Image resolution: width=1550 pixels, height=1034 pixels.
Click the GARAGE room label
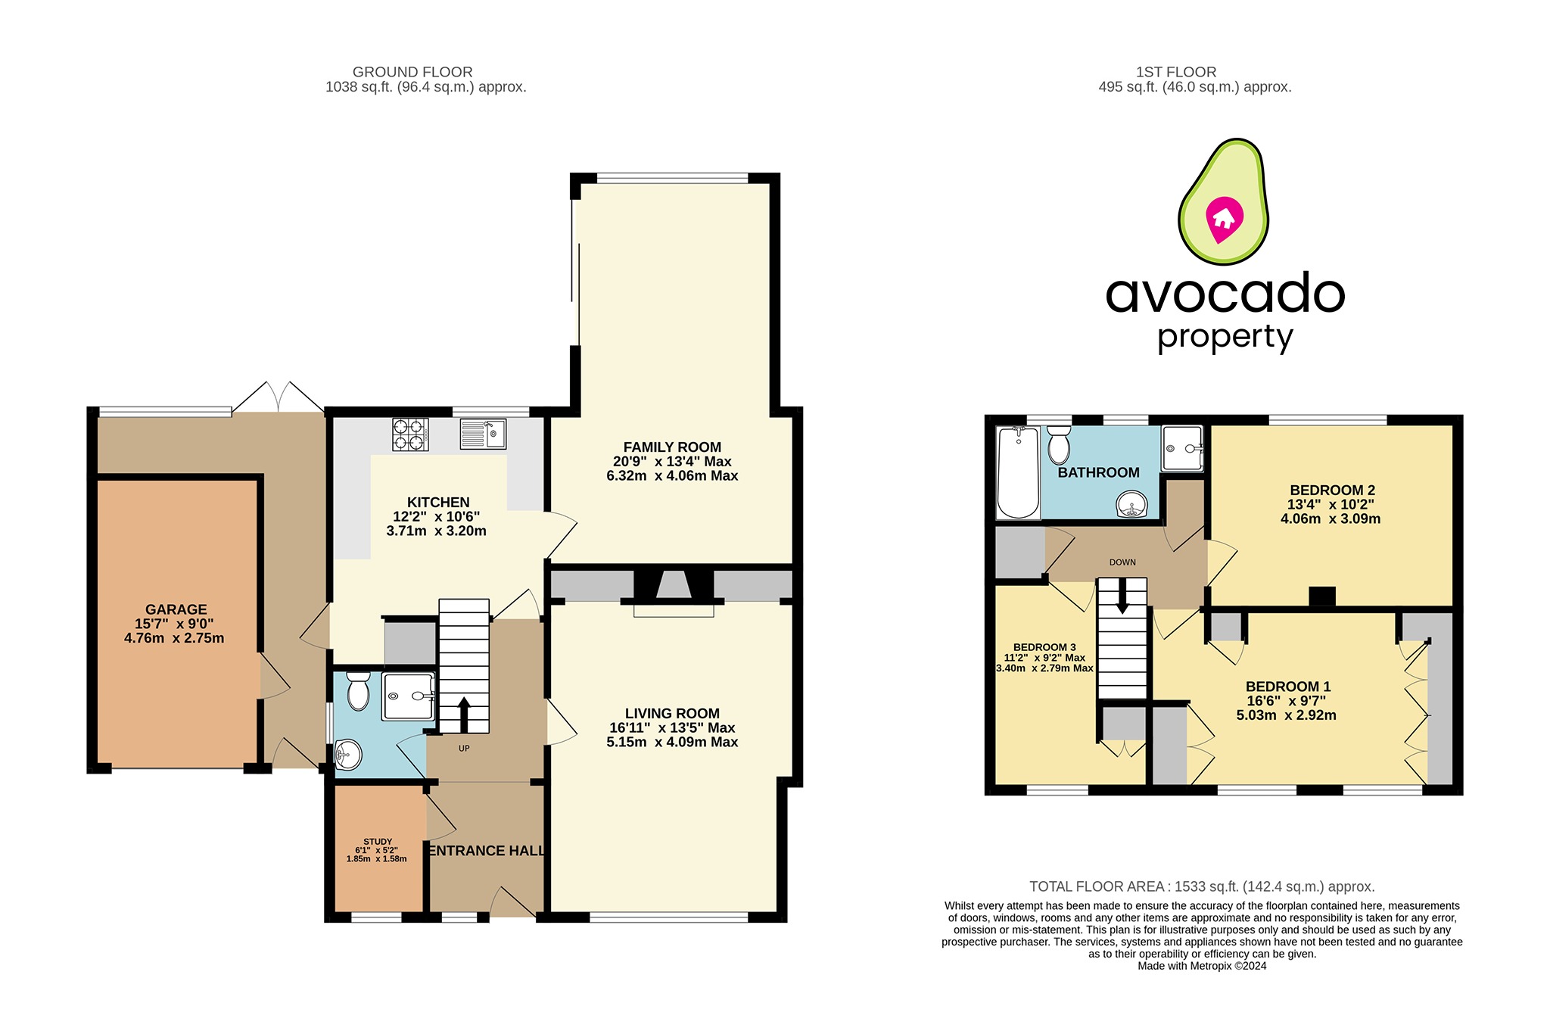pos(176,609)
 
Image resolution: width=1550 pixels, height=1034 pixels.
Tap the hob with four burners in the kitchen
pos(410,434)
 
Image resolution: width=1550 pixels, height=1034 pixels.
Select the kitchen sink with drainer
pos(483,434)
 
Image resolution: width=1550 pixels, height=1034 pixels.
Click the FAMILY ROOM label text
pos(672,447)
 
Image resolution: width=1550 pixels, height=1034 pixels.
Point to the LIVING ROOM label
pos(672,713)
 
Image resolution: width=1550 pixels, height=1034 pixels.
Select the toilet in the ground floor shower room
pos(358,692)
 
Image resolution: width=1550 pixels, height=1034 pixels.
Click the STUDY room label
pos(378,842)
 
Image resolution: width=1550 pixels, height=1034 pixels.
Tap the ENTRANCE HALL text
pos(487,851)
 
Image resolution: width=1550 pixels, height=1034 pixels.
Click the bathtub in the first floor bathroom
pos(1018,473)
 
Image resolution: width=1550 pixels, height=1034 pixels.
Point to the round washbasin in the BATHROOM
pos(1132,504)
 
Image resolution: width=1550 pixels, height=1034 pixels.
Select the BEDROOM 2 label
pos(1332,491)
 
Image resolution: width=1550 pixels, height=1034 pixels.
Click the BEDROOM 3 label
pos(1044,647)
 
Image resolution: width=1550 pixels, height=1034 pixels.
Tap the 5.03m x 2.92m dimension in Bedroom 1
pos(1286,715)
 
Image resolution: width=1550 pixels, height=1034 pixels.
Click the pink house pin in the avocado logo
pos(1224,219)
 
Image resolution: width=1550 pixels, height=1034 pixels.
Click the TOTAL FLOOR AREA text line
pos(1202,886)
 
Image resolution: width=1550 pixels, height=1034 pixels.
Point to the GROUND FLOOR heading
pos(412,72)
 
